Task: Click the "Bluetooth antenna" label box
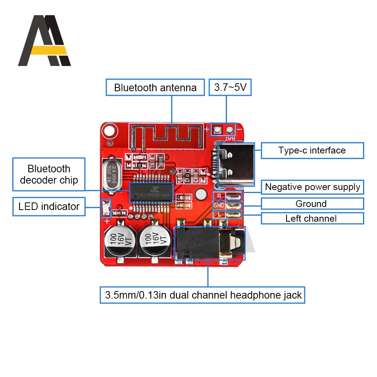point(155,87)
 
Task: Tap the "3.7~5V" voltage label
point(230,87)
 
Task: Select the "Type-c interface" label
point(312,150)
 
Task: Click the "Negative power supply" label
point(312,187)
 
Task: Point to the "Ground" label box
point(312,204)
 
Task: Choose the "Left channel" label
point(312,218)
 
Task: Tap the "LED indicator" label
point(49,207)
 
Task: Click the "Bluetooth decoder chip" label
point(49,174)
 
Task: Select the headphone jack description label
point(203,295)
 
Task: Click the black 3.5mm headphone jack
point(209,244)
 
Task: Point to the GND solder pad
point(233,205)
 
